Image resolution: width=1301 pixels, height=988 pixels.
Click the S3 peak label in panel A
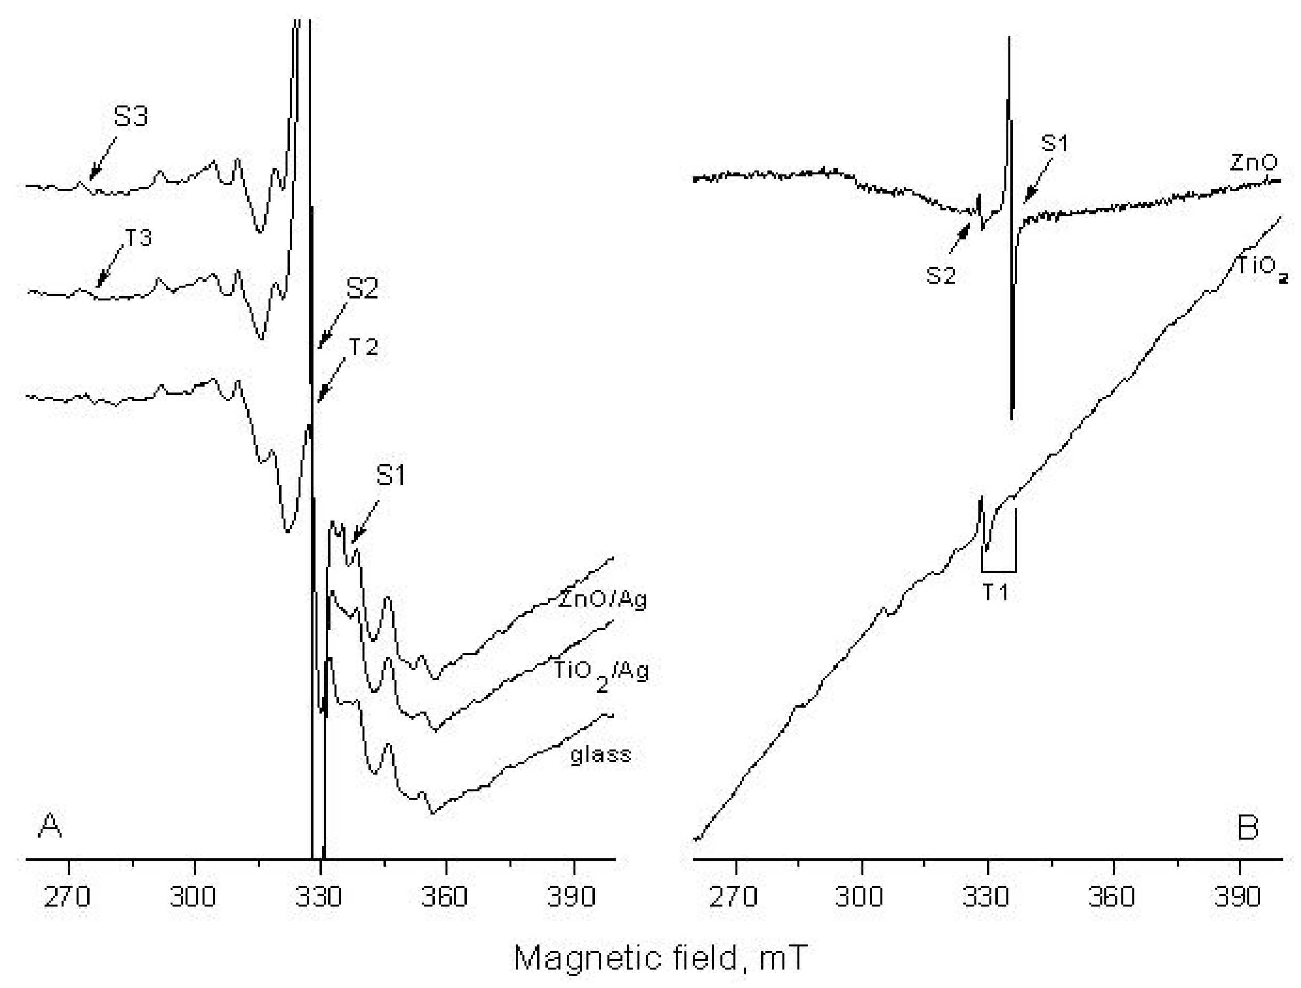[x=131, y=116]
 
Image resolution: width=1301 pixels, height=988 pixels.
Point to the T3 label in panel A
[x=138, y=238]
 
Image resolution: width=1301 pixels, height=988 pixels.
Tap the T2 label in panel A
[x=363, y=347]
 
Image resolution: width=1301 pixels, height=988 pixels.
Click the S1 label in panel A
[x=390, y=475]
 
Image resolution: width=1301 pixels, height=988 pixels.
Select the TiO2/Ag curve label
[x=601, y=672]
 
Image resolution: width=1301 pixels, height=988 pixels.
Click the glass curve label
[x=600, y=754]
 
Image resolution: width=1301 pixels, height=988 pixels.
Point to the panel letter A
[x=50, y=826]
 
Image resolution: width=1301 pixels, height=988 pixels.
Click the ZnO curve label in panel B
[x=1254, y=163]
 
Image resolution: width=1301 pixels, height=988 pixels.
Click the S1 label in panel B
[x=1054, y=143]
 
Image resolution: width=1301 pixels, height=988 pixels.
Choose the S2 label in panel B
[x=941, y=275]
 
